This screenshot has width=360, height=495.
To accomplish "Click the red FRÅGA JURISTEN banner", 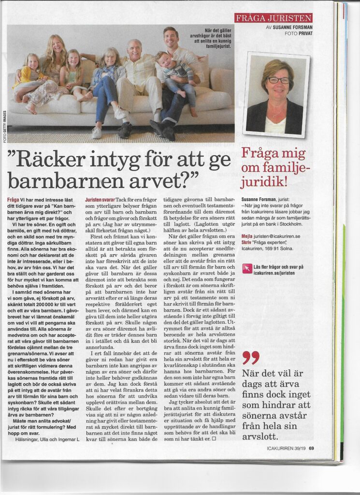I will pos(274,18).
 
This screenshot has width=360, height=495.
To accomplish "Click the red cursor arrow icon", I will pos(247,268).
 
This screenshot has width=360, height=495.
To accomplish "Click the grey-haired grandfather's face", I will pos(134,49).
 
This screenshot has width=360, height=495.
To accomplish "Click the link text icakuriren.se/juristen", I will pos(278,272).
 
